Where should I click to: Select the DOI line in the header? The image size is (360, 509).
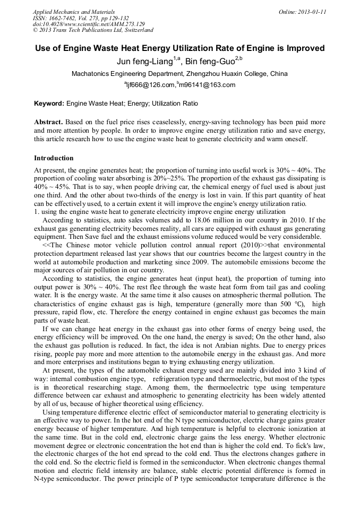pyautogui.click(x=89, y=24)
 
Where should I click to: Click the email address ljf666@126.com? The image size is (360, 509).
pyautogui.click(x=151, y=85)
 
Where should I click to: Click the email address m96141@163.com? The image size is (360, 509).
pyautogui.click(x=208, y=85)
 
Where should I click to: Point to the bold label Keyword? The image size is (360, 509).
pyautogui.click(x=49, y=103)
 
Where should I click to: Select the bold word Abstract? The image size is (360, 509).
pyautogui.click(x=48, y=122)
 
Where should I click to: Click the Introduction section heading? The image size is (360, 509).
pyautogui.click(x=54, y=158)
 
